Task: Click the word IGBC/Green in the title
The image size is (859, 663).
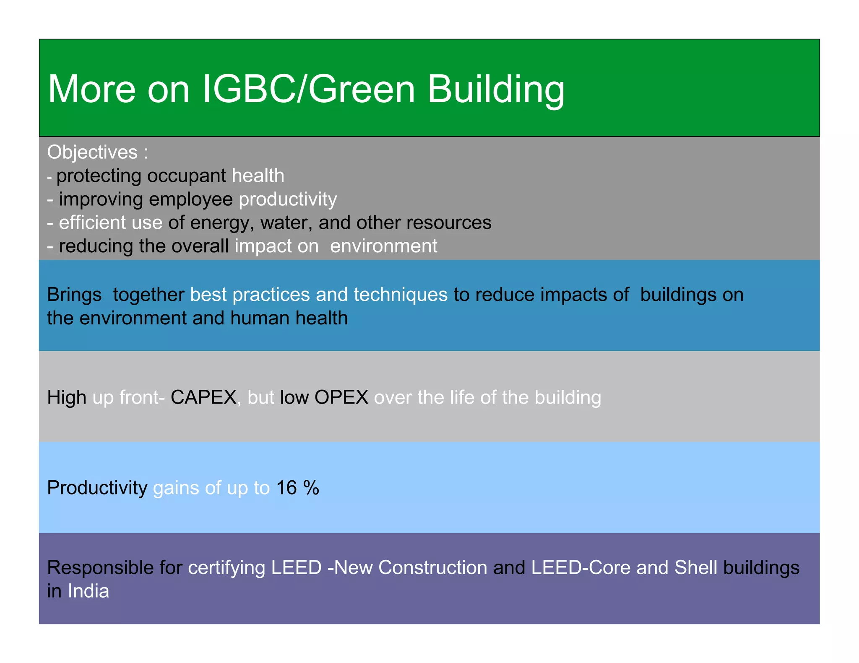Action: click(x=308, y=89)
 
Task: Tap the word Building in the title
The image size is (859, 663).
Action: click(x=496, y=89)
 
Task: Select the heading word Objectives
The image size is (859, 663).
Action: click(x=92, y=152)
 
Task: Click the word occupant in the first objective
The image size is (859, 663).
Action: click(x=187, y=176)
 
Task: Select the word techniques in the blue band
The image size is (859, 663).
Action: click(x=401, y=295)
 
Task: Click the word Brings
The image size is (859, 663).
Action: click(x=74, y=295)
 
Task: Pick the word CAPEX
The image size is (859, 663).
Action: click(x=203, y=397)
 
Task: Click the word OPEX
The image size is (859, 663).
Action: click(x=341, y=397)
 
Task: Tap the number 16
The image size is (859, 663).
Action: click(x=286, y=488)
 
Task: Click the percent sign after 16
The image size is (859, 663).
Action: click(x=311, y=488)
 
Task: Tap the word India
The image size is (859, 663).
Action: click(x=89, y=591)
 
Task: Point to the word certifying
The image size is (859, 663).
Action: click(x=226, y=567)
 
